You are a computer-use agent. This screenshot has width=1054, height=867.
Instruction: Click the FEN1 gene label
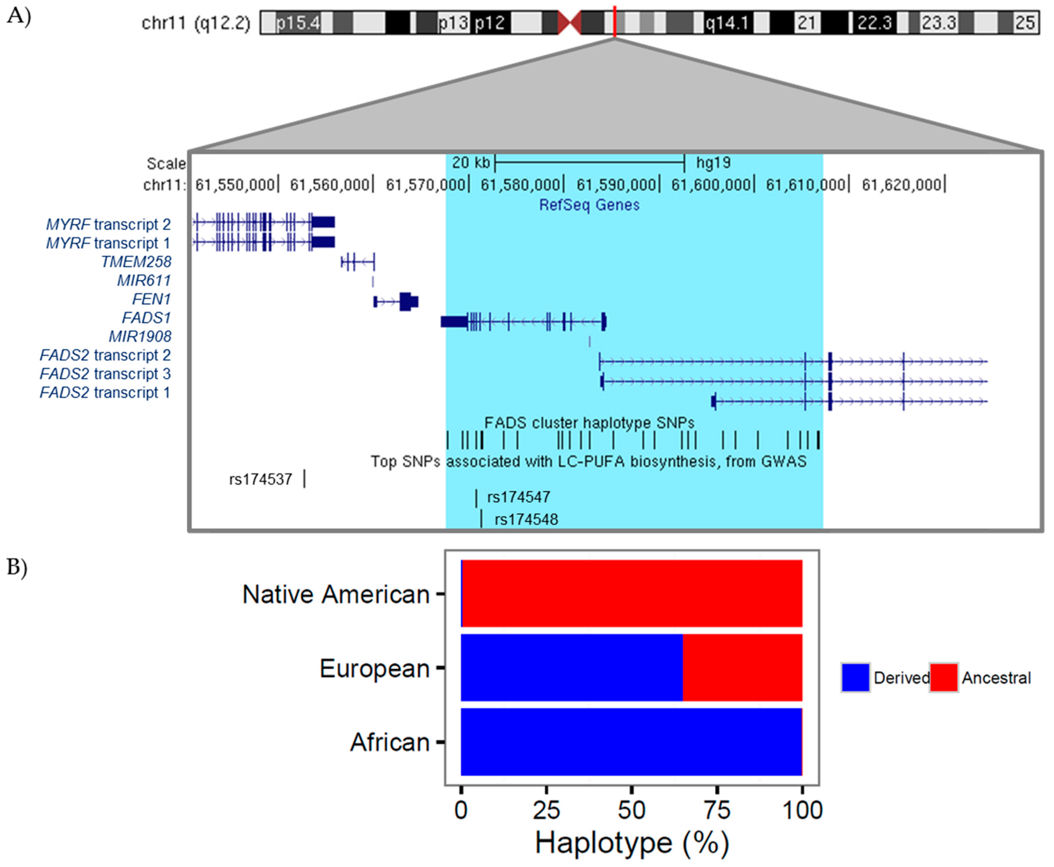pos(151,299)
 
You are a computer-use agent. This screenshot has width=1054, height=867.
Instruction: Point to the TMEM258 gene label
pos(136,262)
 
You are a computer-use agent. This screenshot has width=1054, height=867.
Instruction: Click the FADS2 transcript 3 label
pos(105,374)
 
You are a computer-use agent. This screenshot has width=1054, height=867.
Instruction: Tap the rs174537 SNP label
pos(260,479)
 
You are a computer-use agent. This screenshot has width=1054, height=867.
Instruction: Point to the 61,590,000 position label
pos(616,185)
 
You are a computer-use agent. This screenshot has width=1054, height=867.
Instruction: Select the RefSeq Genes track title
pos(589,205)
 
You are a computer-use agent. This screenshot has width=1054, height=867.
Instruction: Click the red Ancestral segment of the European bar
pos(742,668)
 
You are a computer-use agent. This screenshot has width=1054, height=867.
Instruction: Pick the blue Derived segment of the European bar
pos(571,668)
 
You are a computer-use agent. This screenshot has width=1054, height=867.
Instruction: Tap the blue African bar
pos(631,742)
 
